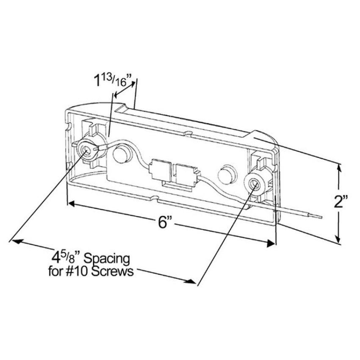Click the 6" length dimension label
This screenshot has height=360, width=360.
click(165, 222)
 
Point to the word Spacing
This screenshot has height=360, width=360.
click(107, 259)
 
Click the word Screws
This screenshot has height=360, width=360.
click(113, 271)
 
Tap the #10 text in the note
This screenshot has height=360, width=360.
click(78, 271)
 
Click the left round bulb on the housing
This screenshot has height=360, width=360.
click(122, 152)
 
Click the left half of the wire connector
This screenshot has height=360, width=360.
click(160, 170)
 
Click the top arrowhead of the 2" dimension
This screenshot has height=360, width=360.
click(339, 168)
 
